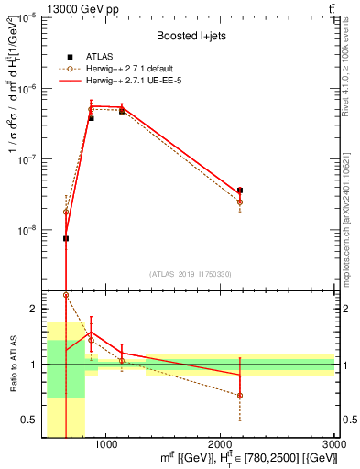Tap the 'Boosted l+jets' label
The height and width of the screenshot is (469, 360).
pos(192,36)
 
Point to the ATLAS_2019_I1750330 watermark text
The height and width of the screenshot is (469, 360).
pos(190,274)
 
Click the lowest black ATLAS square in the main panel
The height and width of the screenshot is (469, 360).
pos(66,238)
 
